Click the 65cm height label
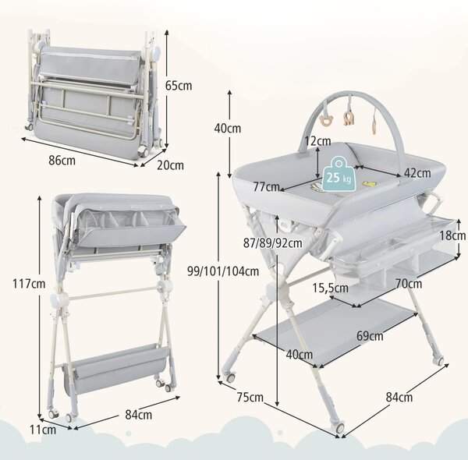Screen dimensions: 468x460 click(179, 86)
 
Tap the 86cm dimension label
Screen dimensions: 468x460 click(62, 161)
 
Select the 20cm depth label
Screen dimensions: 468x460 click(170, 165)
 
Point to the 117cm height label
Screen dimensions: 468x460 click(29, 284)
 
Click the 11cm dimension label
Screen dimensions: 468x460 click(43, 430)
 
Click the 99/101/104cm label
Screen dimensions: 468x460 click(223, 271)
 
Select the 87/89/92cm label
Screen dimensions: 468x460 click(272, 243)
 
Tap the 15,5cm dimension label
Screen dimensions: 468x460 click(331, 288)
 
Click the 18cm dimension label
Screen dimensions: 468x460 click(452, 235)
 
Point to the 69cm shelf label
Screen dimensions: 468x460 click(370, 336)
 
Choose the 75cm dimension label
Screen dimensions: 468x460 click(250, 397)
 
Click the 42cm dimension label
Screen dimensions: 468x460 click(417, 173)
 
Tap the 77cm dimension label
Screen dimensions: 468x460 click(267, 187)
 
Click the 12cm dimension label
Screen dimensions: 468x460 click(317, 141)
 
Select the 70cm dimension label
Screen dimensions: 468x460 click(409, 284)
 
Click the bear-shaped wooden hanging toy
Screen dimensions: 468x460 click(325, 121)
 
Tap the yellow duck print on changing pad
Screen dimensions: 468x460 click(369, 183)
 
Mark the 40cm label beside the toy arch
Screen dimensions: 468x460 click(228, 129)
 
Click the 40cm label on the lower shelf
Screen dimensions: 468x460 click(300, 355)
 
